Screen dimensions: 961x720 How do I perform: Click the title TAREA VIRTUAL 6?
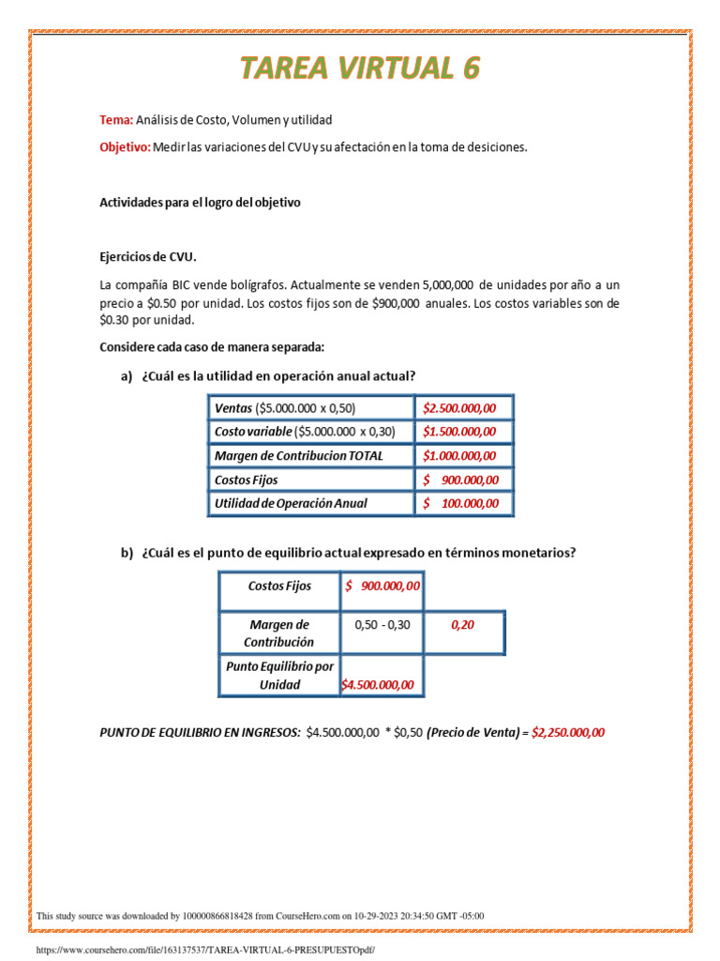360,69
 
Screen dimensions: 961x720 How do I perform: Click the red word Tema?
116,120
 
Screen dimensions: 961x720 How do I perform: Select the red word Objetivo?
125,147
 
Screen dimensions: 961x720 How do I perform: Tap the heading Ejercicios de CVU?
149,256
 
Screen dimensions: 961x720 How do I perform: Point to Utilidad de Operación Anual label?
291,503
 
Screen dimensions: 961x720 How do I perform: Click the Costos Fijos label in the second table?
279,586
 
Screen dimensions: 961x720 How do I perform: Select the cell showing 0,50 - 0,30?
382,625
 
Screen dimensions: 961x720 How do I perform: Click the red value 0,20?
462,625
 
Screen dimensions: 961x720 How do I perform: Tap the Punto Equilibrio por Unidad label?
279,676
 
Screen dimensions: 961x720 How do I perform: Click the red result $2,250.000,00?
568,733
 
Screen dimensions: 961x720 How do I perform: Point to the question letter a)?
127,376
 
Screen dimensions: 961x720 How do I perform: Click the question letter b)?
127,553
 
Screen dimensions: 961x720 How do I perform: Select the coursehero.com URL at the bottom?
204,950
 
